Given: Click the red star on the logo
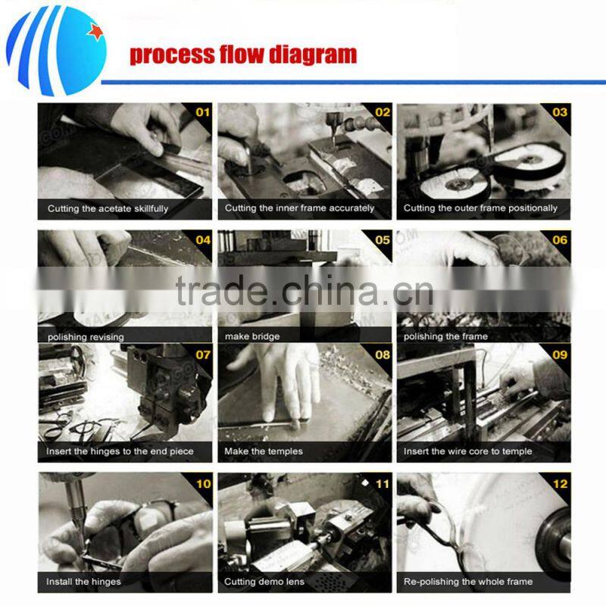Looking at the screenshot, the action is pos(95,31).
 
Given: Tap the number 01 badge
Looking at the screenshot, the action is pos(203,112).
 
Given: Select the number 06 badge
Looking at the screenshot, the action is pos(560,240).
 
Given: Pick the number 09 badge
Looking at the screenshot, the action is pos(560,355).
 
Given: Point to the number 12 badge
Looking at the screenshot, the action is pos(560,484).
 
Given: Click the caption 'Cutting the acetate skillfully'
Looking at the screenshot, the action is pos(108,209).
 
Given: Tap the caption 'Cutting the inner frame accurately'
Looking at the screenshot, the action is pos(299,208).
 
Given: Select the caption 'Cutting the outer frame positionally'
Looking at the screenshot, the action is pos(480,208).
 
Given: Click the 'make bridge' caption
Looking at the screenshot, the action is pos(252,336).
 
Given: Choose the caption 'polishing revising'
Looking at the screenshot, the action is pos(86,337).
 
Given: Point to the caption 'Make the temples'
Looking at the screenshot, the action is pos(264,451).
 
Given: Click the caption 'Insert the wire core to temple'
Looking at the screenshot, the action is pos(467,451).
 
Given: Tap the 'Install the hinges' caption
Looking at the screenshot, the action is pos(83,582).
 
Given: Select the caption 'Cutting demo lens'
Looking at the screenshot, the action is pos(264,582).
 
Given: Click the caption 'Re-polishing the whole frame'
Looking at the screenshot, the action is pos(468,582).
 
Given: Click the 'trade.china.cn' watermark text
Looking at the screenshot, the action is pos(305,290).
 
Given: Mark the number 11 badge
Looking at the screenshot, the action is pos(383,484).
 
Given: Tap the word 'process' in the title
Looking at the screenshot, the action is pos(172,55).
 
